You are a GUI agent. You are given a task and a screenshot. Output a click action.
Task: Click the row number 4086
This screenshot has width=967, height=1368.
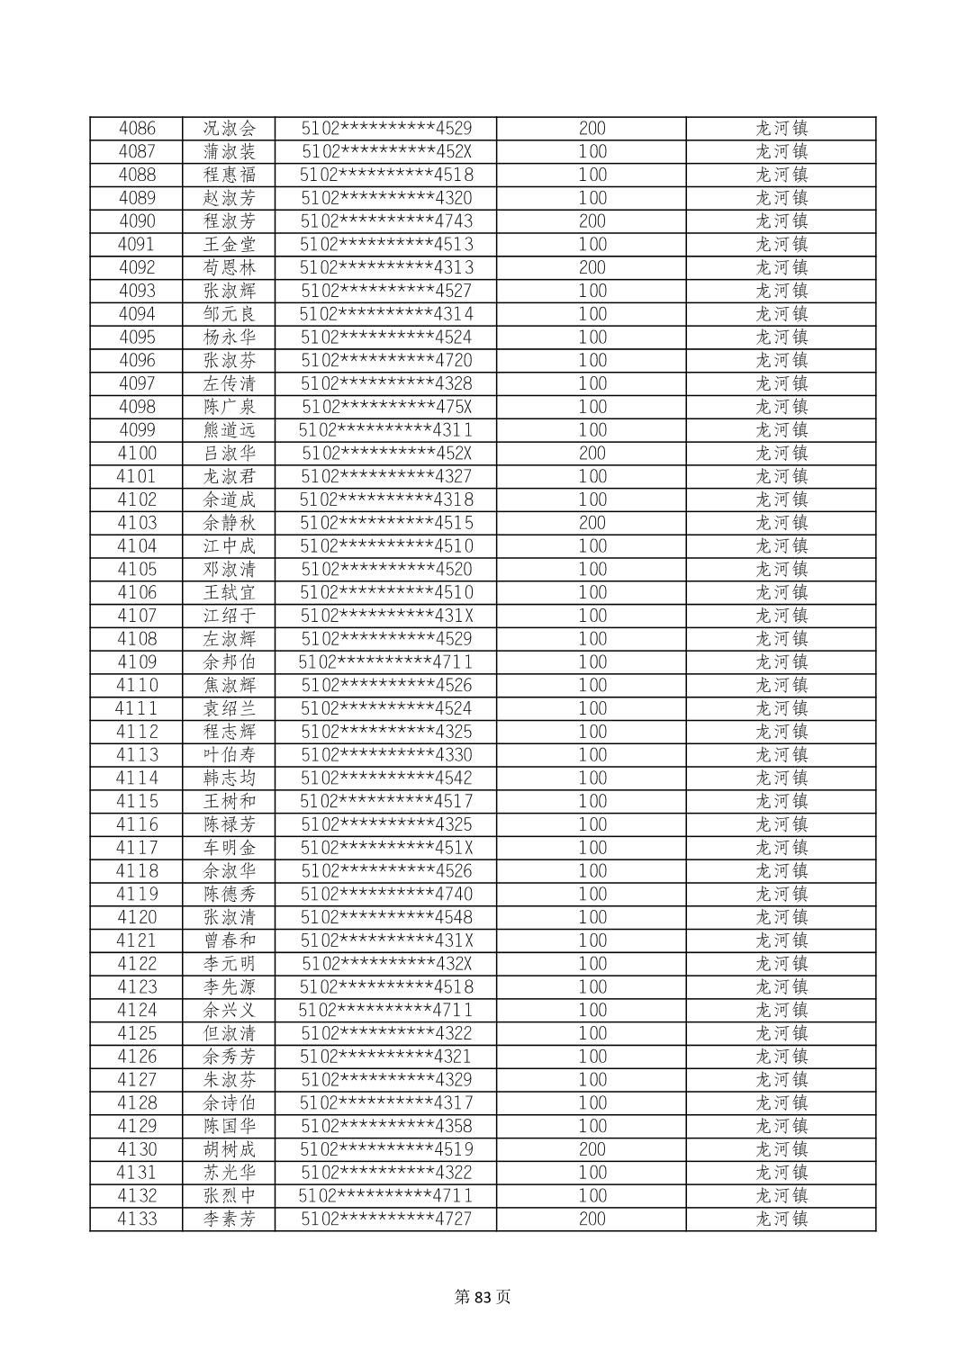[x=137, y=129]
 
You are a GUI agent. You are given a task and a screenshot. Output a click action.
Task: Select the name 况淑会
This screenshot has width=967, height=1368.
[x=230, y=129]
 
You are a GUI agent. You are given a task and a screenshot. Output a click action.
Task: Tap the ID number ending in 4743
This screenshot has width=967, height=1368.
[x=386, y=221]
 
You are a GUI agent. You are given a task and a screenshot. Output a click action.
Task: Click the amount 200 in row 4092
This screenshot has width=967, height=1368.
[x=592, y=268]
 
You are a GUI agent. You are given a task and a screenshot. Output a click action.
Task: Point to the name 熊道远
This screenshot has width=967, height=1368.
[x=230, y=430]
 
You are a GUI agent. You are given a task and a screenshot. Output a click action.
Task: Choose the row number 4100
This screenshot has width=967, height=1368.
[x=137, y=454]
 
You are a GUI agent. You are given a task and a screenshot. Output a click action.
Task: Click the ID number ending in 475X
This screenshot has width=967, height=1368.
[x=386, y=407]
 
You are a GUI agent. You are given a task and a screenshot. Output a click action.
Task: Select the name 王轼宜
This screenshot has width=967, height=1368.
[x=230, y=593]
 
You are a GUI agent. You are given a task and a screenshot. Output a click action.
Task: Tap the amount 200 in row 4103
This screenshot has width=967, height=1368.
[x=592, y=523]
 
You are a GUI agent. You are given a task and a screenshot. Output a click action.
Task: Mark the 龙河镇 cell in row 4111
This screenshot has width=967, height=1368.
[x=781, y=709]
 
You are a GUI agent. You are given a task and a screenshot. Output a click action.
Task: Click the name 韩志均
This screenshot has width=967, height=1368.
[x=230, y=778]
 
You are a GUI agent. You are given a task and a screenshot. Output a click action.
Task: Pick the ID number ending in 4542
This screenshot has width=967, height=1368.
[x=386, y=778]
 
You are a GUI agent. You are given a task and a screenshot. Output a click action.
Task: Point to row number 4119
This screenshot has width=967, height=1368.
[x=137, y=895]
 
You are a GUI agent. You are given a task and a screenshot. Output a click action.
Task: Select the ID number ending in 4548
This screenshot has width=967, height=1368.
[x=386, y=918]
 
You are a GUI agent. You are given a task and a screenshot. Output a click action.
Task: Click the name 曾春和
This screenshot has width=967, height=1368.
[x=230, y=941]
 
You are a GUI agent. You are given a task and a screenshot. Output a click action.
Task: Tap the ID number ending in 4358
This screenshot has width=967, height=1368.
[x=386, y=1127]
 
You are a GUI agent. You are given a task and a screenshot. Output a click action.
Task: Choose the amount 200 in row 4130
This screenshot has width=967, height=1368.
[x=592, y=1150]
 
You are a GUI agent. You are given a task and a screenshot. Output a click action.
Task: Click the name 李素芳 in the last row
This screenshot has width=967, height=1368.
[x=230, y=1219]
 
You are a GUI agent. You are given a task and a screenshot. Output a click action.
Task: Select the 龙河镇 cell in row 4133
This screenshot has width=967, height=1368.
[x=781, y=1219]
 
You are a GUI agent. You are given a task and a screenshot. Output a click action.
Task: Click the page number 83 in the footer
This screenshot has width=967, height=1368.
[x=483, y=1297]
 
